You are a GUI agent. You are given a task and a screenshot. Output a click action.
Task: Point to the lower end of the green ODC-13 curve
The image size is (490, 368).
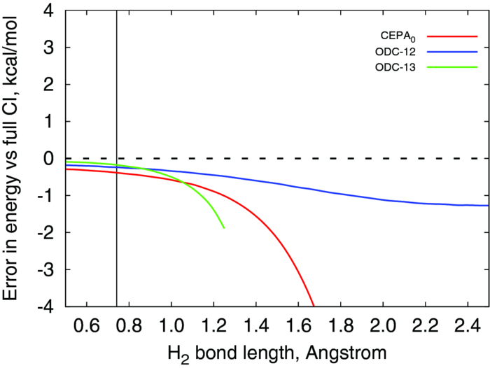coord(224,228)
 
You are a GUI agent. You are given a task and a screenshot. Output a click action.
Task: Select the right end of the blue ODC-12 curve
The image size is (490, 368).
coord(488,206)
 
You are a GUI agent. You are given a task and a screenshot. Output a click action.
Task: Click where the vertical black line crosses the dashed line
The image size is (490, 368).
coord(116,158)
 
